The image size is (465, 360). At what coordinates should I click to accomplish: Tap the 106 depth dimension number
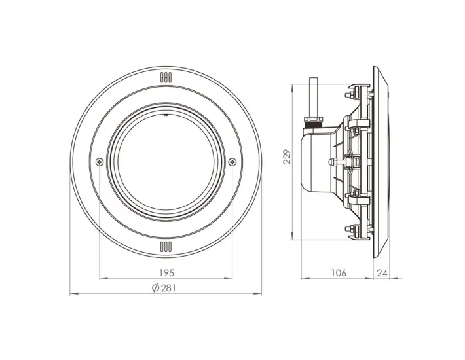pos(337,272)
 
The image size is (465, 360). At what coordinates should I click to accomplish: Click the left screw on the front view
pos(98,162)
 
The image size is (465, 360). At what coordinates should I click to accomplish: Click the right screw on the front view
pos(232,162)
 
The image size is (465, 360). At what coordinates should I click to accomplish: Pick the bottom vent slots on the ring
pos(165,247)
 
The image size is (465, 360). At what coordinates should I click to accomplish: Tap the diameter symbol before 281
pos(155,288)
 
